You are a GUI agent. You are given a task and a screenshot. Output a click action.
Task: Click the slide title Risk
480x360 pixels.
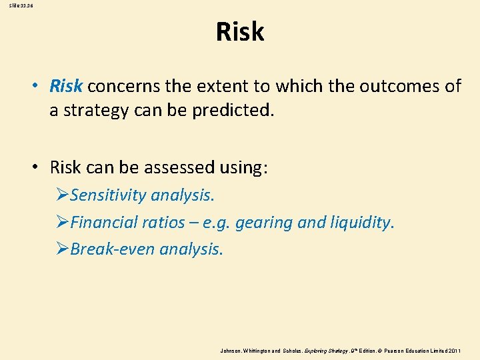[240, 32]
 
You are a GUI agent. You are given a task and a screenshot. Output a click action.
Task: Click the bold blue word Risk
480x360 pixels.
[66, 86]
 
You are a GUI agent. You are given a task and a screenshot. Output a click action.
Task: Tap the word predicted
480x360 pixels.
[233, 109]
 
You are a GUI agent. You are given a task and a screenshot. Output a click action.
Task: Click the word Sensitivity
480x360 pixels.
[108, 195]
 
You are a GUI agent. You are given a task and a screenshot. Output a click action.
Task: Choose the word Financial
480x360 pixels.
[102, 222]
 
